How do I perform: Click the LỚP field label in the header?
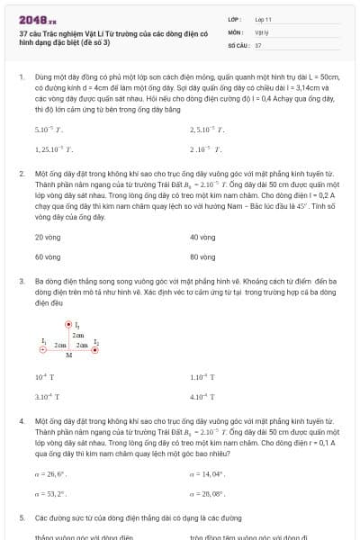(x=235, y=18)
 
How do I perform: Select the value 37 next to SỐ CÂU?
(x=258, y=44)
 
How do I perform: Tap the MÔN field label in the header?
(x=235, y=31)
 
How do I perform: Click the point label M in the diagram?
(x=68, y=355)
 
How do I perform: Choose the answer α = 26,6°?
(x=51, y=473)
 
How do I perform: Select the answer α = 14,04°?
(x=208, y=473)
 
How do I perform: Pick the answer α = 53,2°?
(x=51, y=494)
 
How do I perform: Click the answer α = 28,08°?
(x=208, y=494)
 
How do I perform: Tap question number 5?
(x=21, y=518)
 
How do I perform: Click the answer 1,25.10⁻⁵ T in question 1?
(x=54, y=149)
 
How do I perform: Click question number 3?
(x=21, y=281)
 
